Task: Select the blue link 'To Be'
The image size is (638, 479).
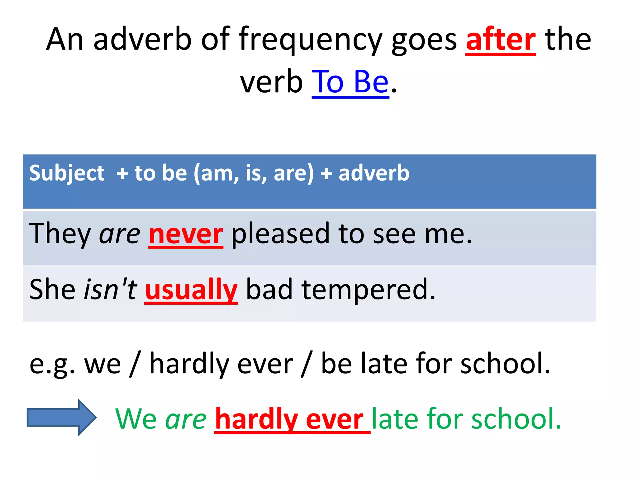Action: pyautogui.click(x=350, y=82)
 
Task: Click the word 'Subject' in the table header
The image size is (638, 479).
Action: pyautogui.click(x=67, y=173)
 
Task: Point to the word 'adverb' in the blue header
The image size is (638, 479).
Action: pyautogui.click(x=374, y=173)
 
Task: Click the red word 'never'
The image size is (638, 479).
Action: pyautogui.click(x=186, y=234)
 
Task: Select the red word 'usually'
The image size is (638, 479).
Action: pyautogui.click(x=191, y=290)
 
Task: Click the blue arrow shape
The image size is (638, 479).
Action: pyautogui.click(x=62, y=417)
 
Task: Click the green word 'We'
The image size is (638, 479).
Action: pyautogui.click(x=136, y=419)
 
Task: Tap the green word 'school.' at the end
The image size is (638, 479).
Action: pyautogui.click(x=516, y=419)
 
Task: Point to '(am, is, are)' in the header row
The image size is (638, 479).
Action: pyautogui.click(x=253, y=173)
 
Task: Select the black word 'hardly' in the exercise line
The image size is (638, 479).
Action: pyautogui.click(x=189, y=364)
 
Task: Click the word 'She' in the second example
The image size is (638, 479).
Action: pyautogui.click(x=52, y=290)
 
